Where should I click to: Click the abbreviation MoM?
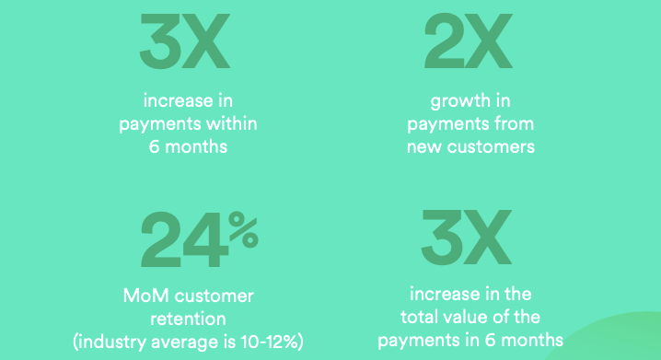coord(148,297)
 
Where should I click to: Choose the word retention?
coord(189,319)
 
